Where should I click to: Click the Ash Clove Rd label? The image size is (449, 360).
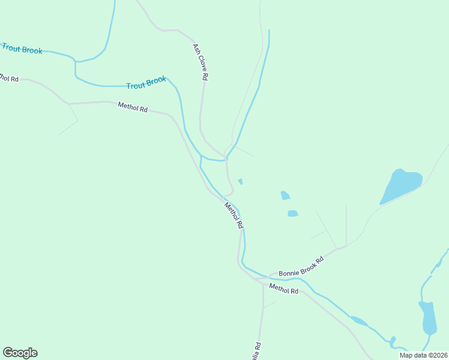pos(200,62)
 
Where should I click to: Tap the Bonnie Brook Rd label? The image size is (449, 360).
pos(301,267)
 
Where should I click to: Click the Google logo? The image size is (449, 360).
pos(20,353)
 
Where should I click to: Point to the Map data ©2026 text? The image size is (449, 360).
pos(423,355)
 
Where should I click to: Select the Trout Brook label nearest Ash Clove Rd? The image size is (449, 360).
pos(146,83)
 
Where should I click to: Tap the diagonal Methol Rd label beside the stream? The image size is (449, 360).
pos(234,215)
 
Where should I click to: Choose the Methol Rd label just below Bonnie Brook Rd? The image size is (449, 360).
pos(283,289)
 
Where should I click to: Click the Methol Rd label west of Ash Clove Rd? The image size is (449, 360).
pos(133,107)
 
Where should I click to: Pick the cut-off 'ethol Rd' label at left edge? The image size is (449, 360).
pos(9,78)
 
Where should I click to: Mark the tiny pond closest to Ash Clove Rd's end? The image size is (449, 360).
pos(241,181)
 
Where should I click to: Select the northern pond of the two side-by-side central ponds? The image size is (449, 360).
pos(285,195)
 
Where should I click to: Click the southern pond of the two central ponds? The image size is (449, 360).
pos(293,213)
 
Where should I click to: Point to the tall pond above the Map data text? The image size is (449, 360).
pos(429,318)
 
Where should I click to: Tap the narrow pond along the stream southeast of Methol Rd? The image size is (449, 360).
pos(358,321)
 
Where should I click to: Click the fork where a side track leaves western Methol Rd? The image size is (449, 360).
pos(69,104)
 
